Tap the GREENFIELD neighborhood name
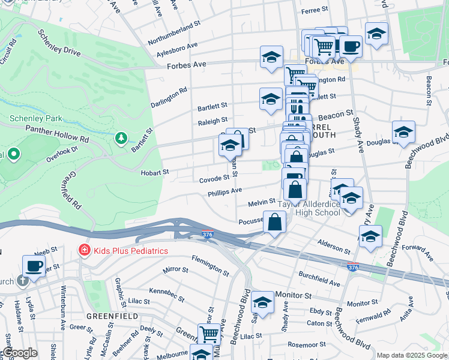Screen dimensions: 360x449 (112, 316)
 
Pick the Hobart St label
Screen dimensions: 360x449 (155, 172)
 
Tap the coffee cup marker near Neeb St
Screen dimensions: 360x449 (34, 266)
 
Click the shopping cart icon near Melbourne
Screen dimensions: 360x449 (209, 333)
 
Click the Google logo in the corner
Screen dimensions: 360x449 (20, 353)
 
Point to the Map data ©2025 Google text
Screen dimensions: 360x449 (412, 355)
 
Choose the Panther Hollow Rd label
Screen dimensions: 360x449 (56, 129)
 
